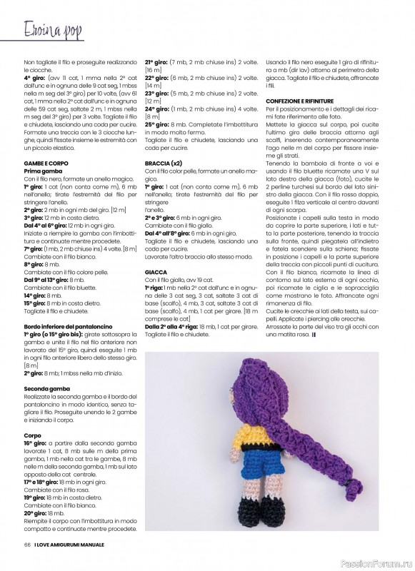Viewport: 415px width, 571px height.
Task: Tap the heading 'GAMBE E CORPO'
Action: (x=45, y=163)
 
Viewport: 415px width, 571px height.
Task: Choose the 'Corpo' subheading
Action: (x=33, y=435)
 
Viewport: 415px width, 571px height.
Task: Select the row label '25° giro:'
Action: (x=158, y=124)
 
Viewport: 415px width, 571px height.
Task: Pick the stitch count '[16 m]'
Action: (x=154, y=70)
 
